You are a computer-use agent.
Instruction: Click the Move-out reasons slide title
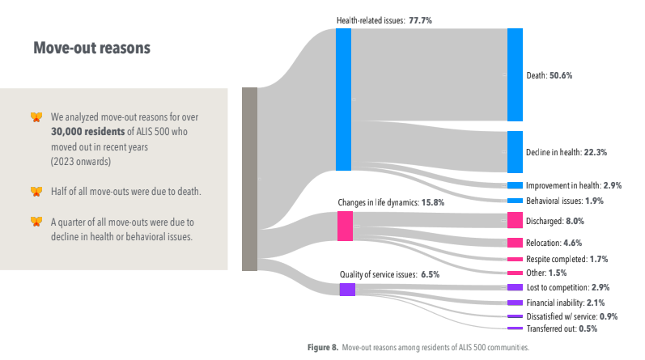pyautogui.click(x=91, y=48)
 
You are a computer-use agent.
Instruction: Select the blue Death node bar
pyautogui.click(x=515, y=74)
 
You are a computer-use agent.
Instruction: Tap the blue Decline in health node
pyautogui.click(x=515, y=152)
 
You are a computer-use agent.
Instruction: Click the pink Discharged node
pyautogui.click(x=515, y=220)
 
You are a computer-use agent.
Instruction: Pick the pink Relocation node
pyautogui.click(x=515, y=243)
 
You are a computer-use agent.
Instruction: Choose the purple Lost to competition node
pyautogui.click(x=515, y=287)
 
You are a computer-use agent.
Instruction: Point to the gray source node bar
pyautogui.click(x=249, y=179)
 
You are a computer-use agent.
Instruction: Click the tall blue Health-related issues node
pyautogui.click(x=343, y=99)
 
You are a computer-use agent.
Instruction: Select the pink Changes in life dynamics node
pyautogui.click(x=345, y=226)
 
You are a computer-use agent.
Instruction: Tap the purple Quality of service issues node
pyautogui.click(x=346, y=289)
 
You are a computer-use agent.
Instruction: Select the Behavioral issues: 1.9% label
pyautogui.click(x=565, y=201)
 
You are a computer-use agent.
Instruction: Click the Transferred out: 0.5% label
pyautogui.click(x=562, y=328)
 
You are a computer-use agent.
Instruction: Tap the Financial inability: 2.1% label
pyautogui.click(x=566, y=303)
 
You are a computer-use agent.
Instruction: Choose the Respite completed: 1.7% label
pyautogui.click(x=566, y=259)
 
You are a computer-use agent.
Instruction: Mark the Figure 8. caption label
pyautogui.click(x=323, y=347)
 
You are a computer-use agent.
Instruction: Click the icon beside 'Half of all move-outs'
pyautogui.click(x=36, y=192)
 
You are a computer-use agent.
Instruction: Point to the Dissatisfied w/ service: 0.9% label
pyautogui.click(x=572, y=316)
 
